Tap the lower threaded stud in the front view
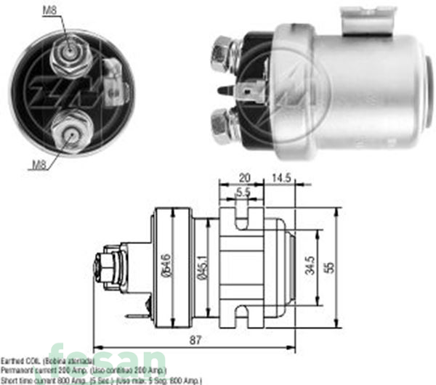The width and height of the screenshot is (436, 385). pos(71,132)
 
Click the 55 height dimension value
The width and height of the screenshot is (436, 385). pos(331,267)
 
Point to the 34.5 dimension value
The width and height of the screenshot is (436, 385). pos(310,267)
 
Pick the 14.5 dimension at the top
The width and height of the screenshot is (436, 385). pos(279,177)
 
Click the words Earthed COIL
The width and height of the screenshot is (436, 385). pos(22,361)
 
